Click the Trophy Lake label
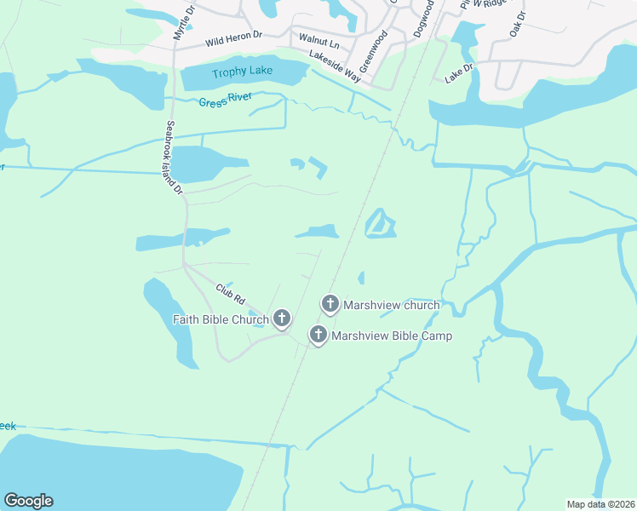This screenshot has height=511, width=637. coord(243,72)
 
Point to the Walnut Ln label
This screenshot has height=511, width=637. coord(319,43)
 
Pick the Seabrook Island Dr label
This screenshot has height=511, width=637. coord(175,157)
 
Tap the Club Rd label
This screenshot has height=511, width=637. coord(230,295)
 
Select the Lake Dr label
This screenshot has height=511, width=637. coord(458,72)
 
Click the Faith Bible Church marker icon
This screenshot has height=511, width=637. coord(282,319)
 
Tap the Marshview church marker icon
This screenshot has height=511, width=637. coord(330,304)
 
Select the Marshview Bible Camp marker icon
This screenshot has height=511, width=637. coord(318,335)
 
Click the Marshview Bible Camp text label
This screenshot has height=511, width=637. coord(392,336)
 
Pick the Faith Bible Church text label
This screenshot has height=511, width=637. coord(221,320)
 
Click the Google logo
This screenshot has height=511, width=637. coord(28,501)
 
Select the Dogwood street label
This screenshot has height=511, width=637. coord(422,17)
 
